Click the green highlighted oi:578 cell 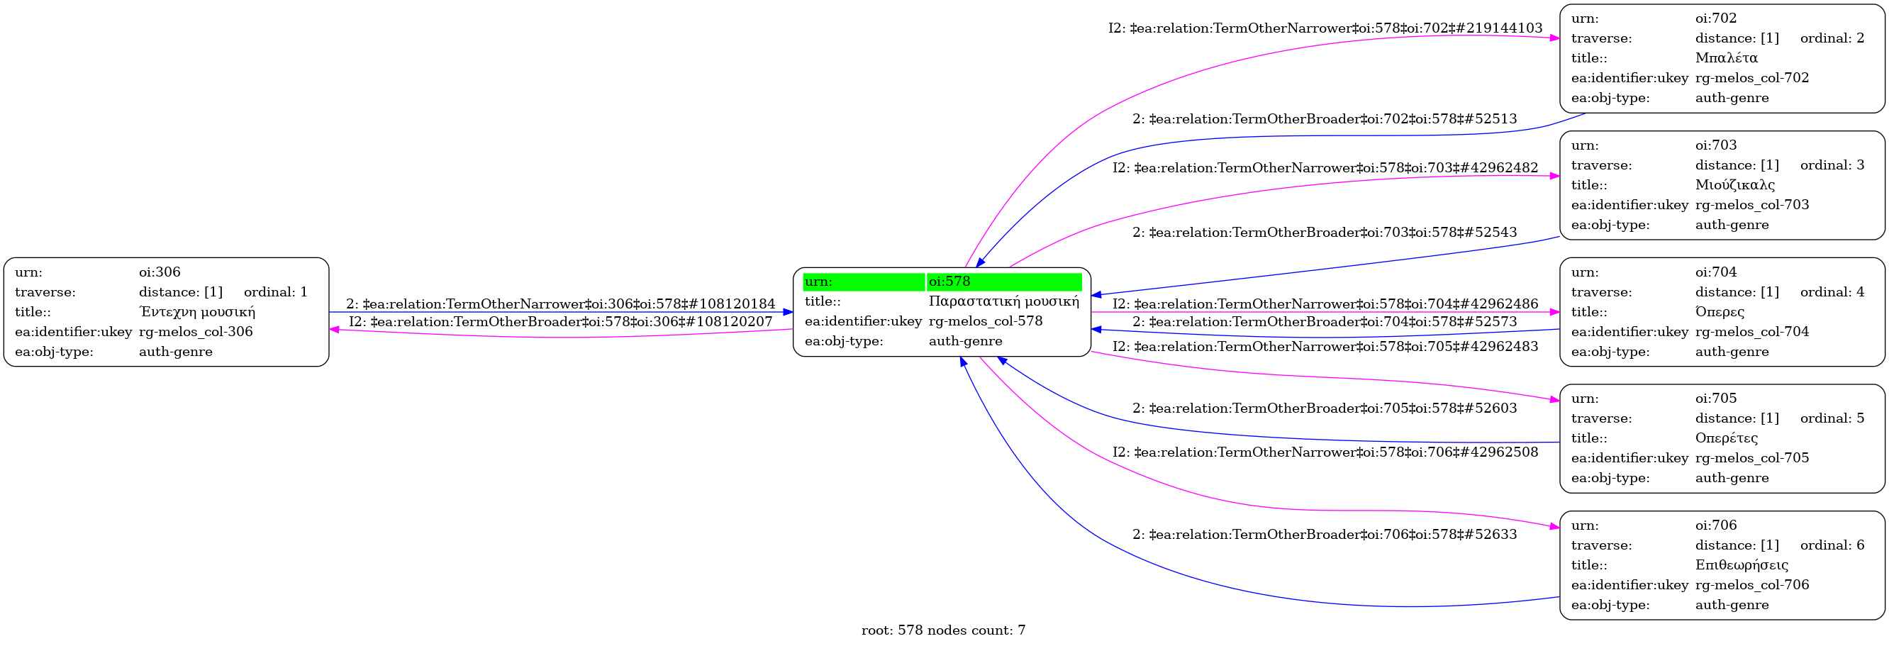tap(1003, 282)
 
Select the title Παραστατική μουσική tap(1003, 301)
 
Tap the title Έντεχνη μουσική tap(196, 311)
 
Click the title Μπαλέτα tap(1726, 58)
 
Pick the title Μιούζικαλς tap(1735, 185)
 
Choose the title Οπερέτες tap(1726, 438)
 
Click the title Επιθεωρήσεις tap(1742, 564)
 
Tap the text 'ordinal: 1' tap(276, 292)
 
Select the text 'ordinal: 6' tap(1832, 545)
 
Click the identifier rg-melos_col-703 tap(1752, 205)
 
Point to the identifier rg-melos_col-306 tap(196, 331)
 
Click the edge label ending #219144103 tap(1325, 28)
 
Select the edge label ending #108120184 tap(560, 303)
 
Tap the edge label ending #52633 tap(1325, 535)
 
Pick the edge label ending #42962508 tap(1325, 452)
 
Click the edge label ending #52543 tap(1325, 233)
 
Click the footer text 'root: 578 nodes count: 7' tap(943, 630)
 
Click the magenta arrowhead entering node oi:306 tap(335, 330)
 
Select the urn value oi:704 tap(1716, 272)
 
